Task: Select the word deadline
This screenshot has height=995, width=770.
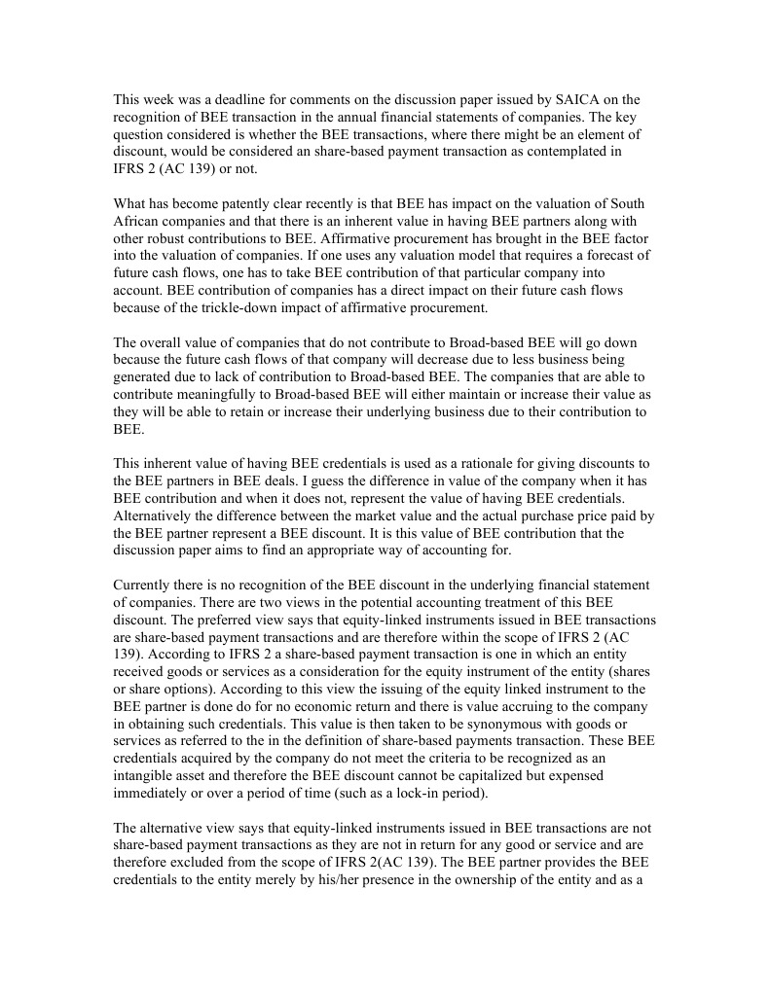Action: (244, 99)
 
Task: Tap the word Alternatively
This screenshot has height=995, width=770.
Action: (155, 516)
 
